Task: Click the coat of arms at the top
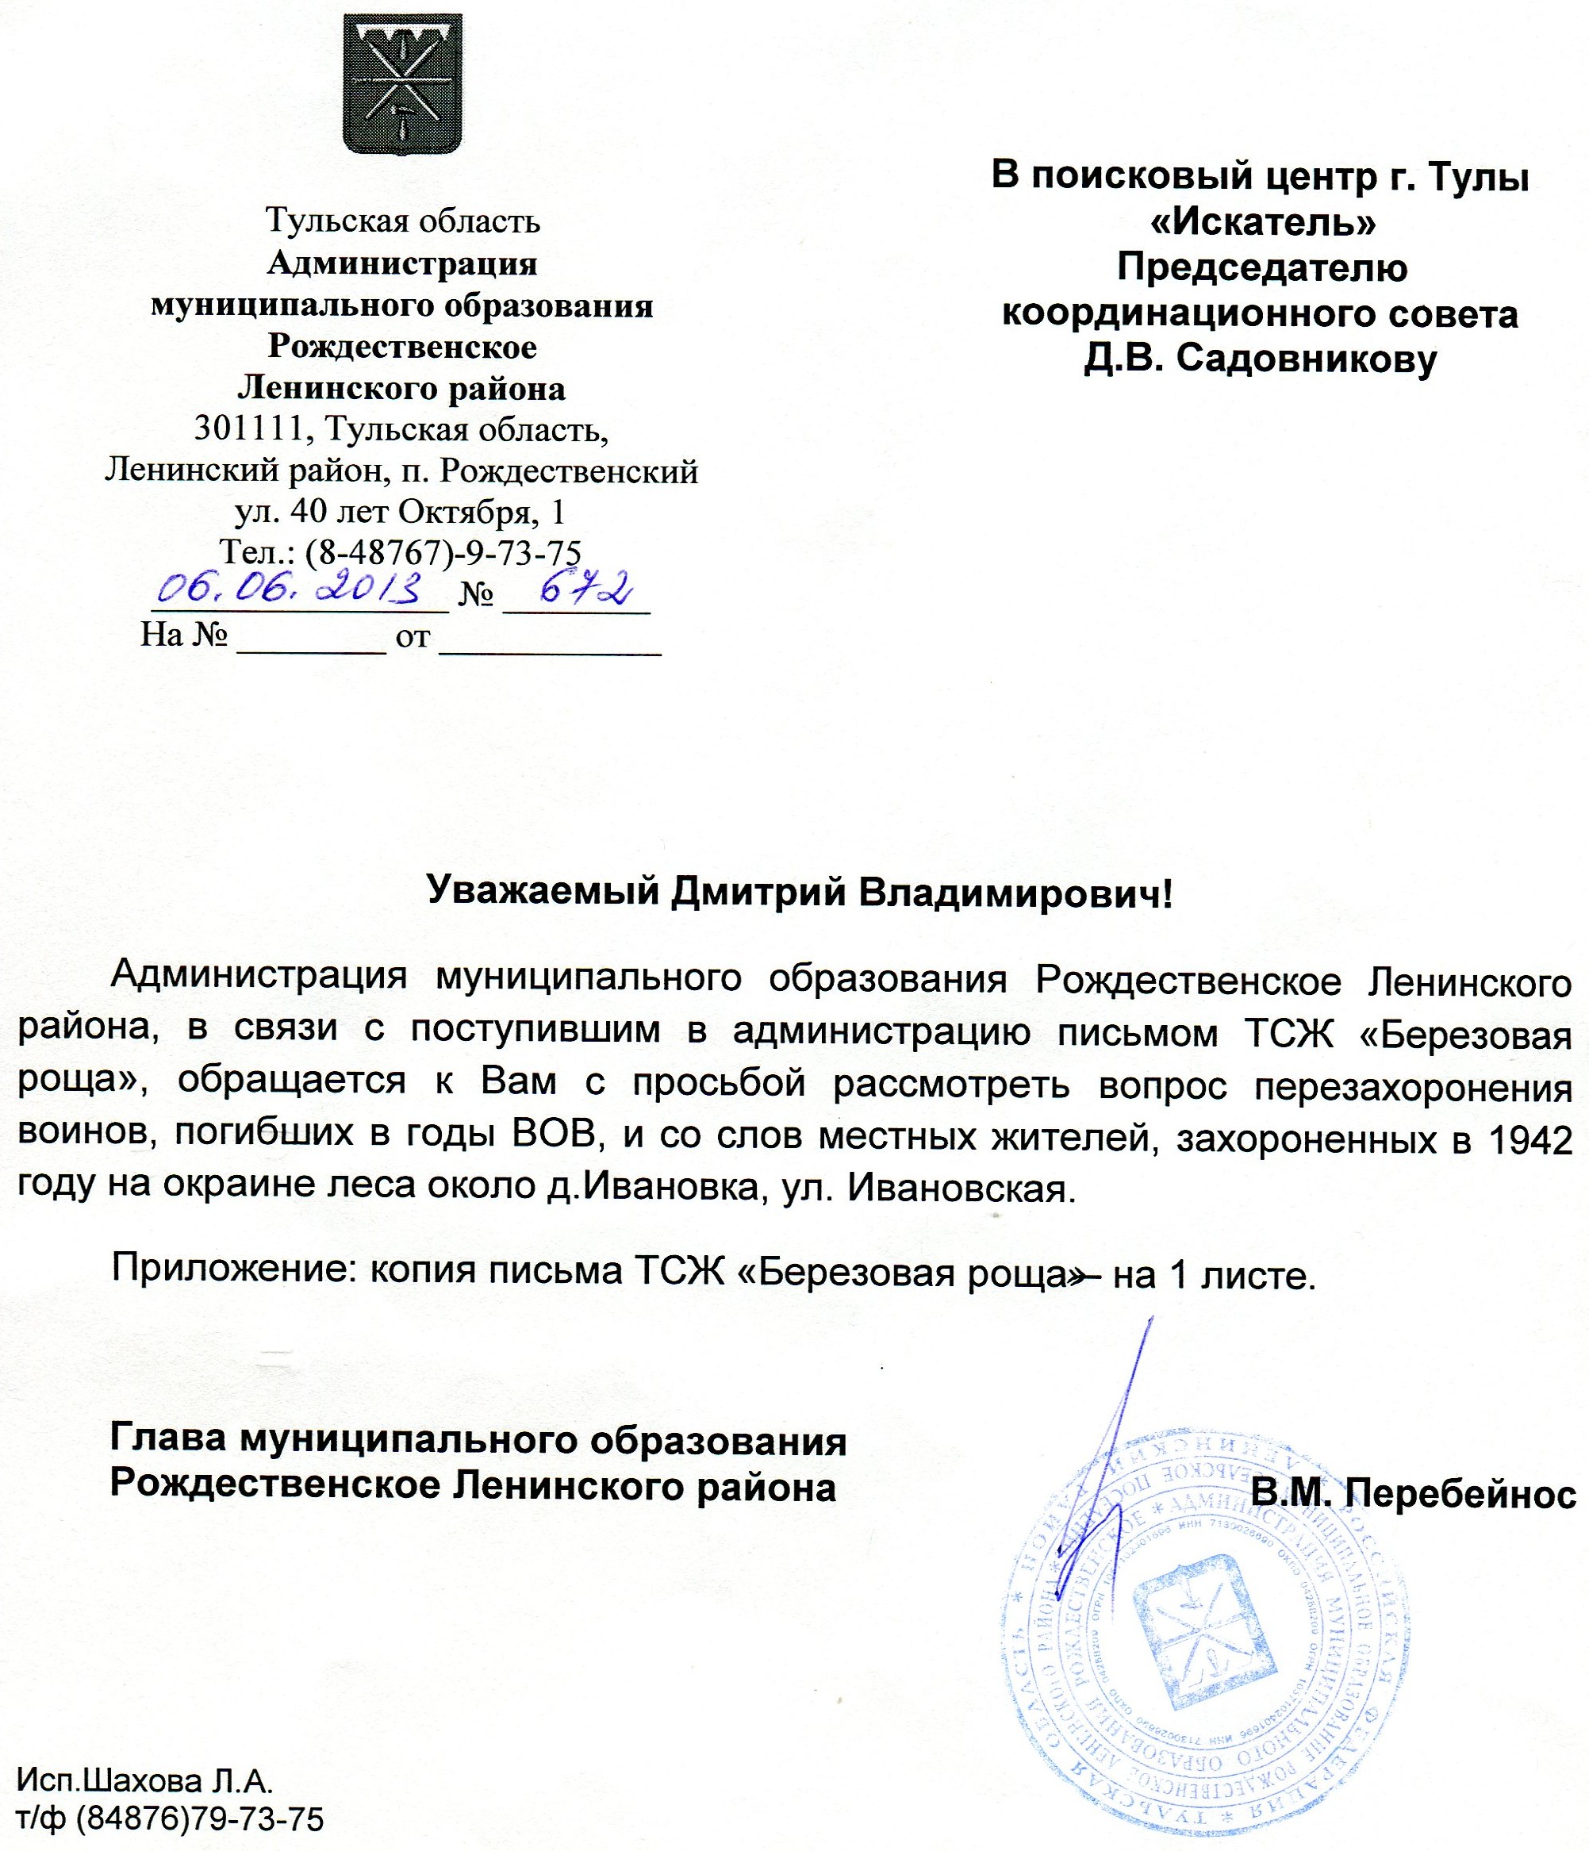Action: coord(402,83)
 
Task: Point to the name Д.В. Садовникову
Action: coord(1261,359)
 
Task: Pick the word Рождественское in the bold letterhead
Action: coord(402,347)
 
